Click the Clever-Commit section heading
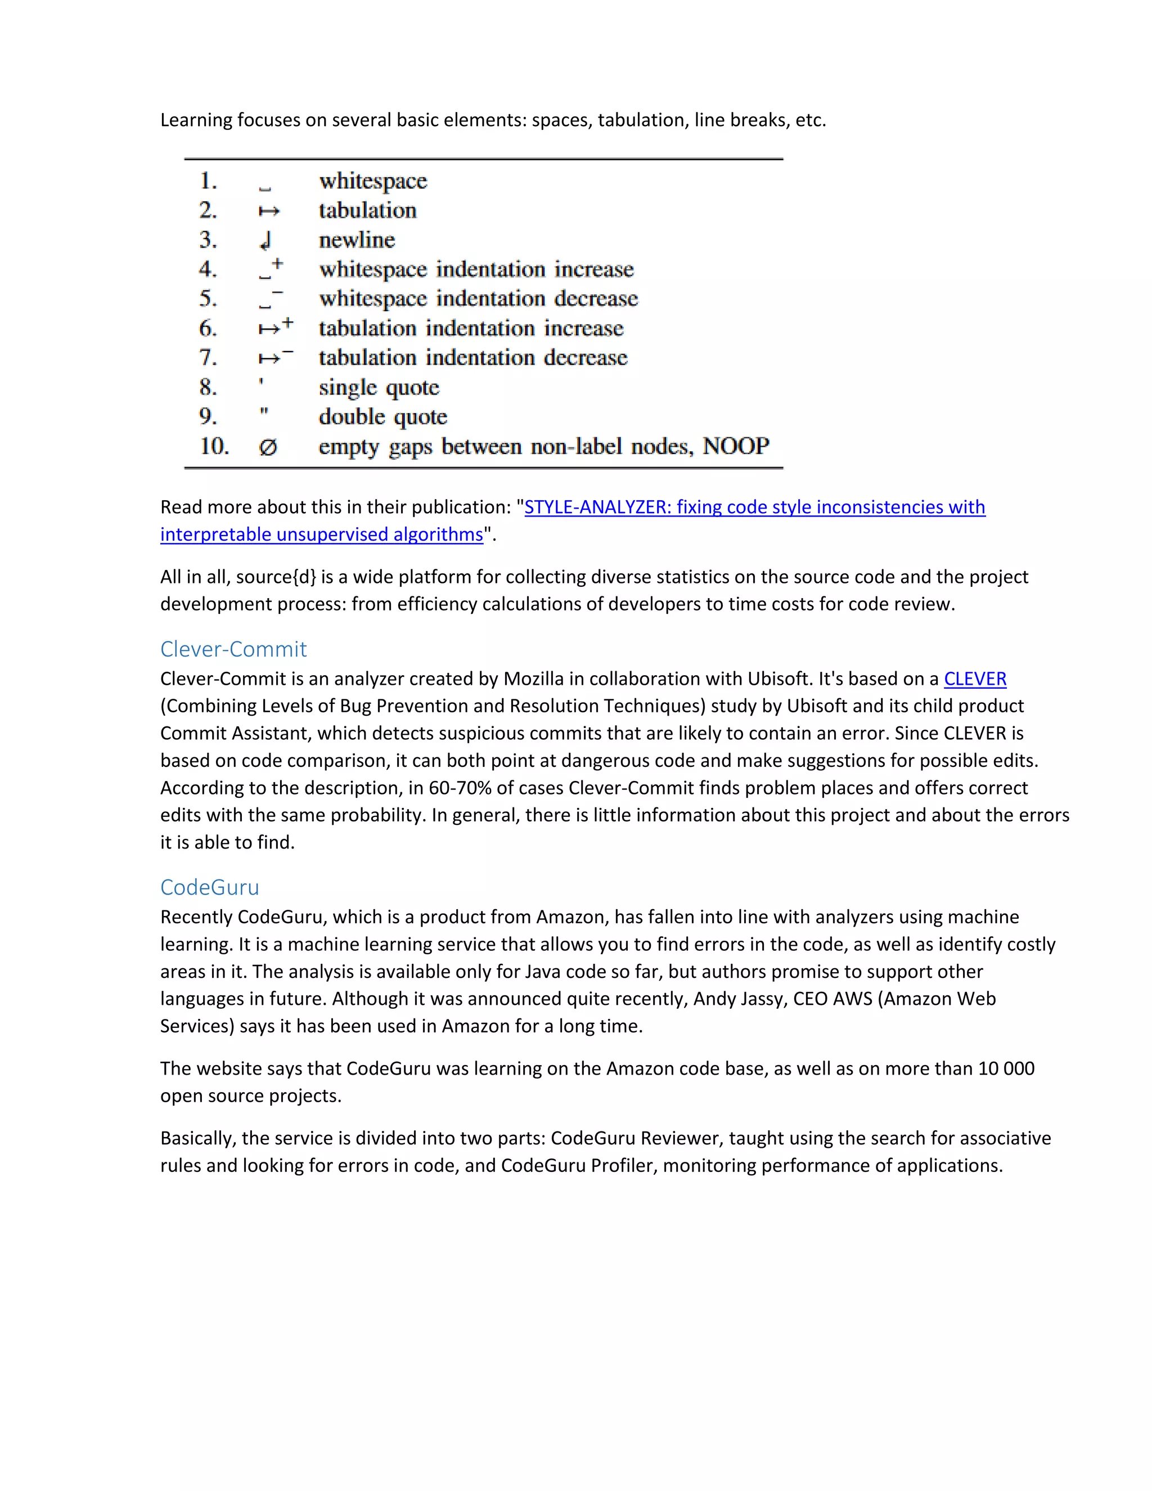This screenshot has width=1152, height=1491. pyautogui.click(x=233, y=649)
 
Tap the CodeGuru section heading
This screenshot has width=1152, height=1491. pyautogui.click(x=209, y=887)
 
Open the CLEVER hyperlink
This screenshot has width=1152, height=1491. pyautogui.click(x=975, y=679)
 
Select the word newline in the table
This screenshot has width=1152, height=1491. pyautogui.click(x=357, y=240)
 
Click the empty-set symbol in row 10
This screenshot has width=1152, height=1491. pyautogui.click(x=268, y=447)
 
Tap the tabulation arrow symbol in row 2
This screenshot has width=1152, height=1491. pyautogui.click(x=269, y=212)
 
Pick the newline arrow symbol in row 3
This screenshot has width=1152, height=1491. pyautogui.click(x=266, y=240)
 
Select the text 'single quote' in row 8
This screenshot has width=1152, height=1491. pyautogui.click(x=379, y=387)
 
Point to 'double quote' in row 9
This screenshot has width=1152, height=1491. pyautogui.click(x=383, y=416)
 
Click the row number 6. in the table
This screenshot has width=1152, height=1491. pyautogui.click(x=208, y=329)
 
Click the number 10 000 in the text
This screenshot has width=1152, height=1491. pyautogui.click(x=1006, y=1068)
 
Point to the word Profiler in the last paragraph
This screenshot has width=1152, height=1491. pyautogui.click(x=624, y=1165)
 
